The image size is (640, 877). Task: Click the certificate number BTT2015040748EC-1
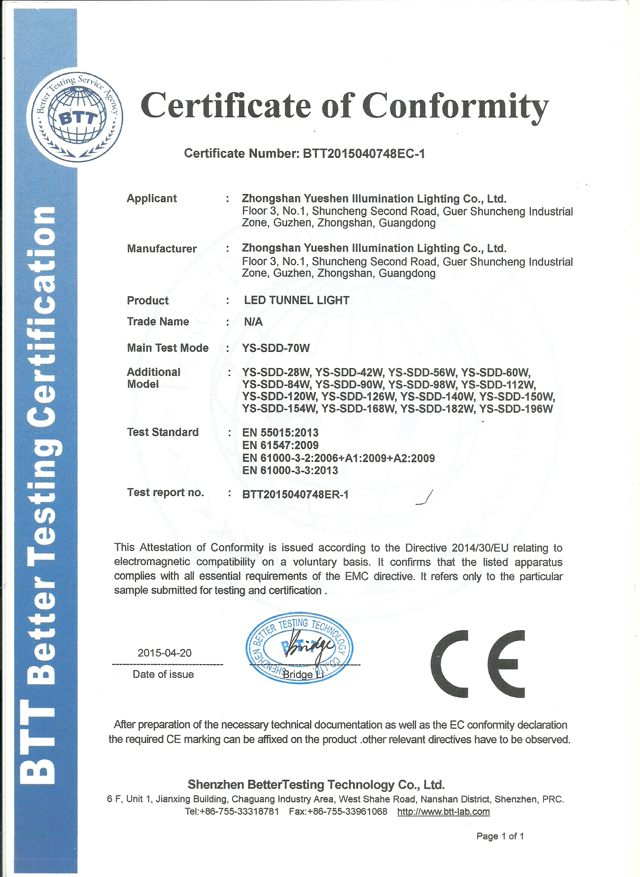click(364, 154)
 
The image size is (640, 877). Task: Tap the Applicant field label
click(151, 198)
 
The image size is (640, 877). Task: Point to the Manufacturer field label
click(162, 249)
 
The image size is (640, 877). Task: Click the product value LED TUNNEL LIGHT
click(296, 300)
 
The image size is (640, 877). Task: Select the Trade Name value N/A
click(253, 321)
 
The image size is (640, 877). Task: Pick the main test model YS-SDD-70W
click(276, 348)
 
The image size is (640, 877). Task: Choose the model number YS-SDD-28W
click(276, 373)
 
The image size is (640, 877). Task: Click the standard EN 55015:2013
click(280, 433)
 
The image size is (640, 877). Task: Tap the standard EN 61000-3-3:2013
click(290, 470)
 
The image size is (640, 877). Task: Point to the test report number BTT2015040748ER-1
click(295, 495)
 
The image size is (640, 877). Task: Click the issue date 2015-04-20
click(164, 653)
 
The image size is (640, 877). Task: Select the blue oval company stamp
click(299, 648)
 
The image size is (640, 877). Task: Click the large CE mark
click(477, 664)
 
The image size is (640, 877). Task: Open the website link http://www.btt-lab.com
click(443, 811)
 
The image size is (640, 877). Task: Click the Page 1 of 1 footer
click(500, 836)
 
